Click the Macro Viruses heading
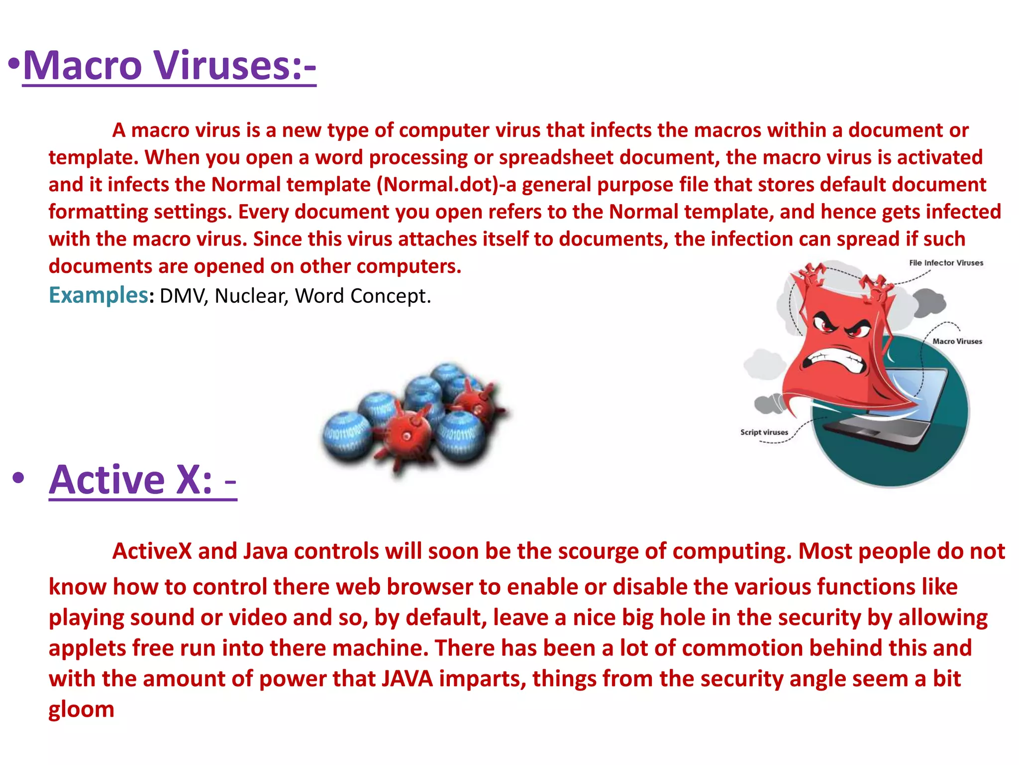169,66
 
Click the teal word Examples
98,295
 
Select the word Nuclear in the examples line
251,296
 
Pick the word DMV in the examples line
182,296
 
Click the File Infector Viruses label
946,263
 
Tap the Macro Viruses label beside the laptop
957,341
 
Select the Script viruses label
764,432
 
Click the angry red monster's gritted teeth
836,360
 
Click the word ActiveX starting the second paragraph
152,551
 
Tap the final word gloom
81,709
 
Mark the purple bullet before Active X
18,479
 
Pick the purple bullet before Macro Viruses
14,65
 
